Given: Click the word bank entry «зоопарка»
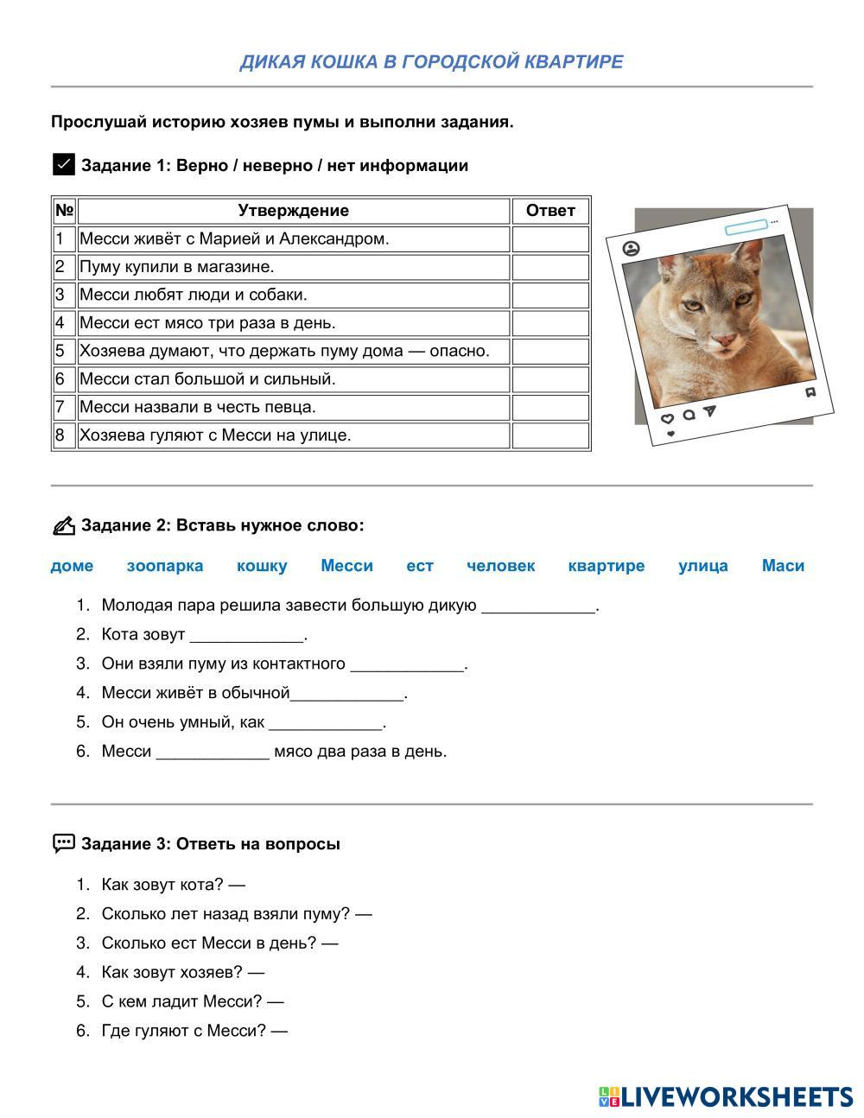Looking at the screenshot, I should click(x=165, y=566).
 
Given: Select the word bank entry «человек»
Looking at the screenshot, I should click(x=500, y=566).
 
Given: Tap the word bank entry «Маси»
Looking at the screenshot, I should click(x=783, y=566).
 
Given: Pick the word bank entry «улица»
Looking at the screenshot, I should click(x=702, y=566).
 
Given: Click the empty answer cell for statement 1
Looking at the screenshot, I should click(x=550, y=238).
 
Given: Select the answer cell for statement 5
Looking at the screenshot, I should click(x=550, y=351).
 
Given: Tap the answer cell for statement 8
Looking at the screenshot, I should click(x=550, y=435).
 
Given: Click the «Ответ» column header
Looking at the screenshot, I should click(x=550, y=211).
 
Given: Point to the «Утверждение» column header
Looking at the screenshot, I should click(x=293, y=211).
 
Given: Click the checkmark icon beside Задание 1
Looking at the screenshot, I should click(x=64, y=164).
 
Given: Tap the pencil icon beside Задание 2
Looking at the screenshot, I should click(x=64, y=525).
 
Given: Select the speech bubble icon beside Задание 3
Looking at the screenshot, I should click(x=64, y=843).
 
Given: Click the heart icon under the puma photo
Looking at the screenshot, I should click(x=667, y=418).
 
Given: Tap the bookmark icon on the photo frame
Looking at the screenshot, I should click(x=810, y=392).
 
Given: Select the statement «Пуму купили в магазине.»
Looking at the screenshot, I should click(x=177, y=267).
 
